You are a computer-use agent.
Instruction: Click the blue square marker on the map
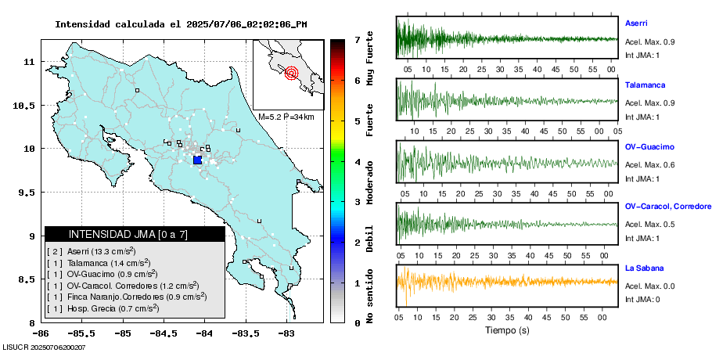pos(197,160)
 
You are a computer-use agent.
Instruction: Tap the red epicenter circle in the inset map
pos(292,74)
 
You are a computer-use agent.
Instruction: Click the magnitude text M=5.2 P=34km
pos(286,117)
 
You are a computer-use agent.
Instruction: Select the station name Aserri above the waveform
pos(636,23)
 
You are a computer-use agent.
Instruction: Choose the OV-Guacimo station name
pos(649,146)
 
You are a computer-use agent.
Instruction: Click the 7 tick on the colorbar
pos(357,39)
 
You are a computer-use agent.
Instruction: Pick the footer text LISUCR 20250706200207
pos(44,347)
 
